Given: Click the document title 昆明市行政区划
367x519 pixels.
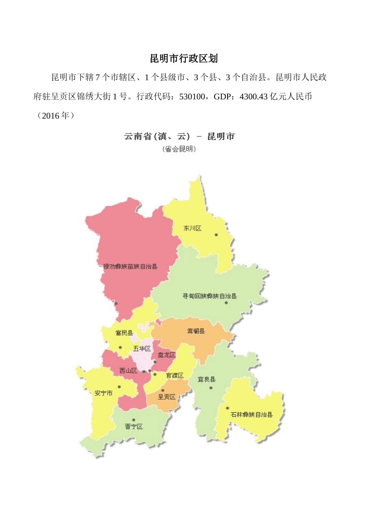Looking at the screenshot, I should point(184,58).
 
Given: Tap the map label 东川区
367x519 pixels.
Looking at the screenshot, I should point(192,228).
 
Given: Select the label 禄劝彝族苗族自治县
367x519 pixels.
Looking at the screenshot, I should point(130,266).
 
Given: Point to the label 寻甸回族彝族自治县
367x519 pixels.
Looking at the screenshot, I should point(209,296).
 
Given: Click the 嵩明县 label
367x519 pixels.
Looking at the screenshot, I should point(196,331).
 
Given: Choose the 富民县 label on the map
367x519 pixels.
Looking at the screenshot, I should point(124,333).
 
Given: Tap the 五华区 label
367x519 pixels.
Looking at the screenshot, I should point(142,349).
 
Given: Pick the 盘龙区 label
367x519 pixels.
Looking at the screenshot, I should point(167,354).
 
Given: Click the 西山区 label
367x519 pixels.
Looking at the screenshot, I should point(128,371).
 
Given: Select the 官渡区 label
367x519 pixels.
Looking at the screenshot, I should point(175,375).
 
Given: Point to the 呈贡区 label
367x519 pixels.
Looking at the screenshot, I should point(167,397).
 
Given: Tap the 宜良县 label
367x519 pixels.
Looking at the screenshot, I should point(207,380).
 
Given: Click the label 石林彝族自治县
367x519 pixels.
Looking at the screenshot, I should point(251,415).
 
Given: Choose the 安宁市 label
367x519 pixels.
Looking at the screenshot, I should point(104,393).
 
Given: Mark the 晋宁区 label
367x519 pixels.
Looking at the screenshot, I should point(134,426).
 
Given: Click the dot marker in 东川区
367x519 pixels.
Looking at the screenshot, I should point(216,235).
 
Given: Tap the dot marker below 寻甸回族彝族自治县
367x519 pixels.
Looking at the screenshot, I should point(226,303).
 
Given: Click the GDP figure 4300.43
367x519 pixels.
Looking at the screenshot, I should point(254,97).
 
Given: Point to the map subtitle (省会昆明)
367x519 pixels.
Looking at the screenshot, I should point(179,149).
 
